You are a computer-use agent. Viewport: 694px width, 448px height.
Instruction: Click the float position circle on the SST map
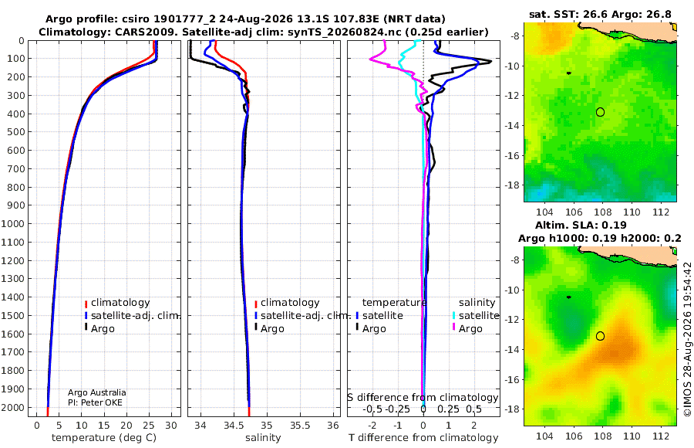[600, 112]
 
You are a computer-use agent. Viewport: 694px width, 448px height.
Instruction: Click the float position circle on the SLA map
[600, 336]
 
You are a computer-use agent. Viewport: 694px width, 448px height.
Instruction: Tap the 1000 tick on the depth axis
[12, 223]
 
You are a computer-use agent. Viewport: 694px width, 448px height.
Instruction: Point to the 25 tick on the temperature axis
[149, 426]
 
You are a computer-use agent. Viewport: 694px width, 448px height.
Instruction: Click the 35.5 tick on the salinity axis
[300, 426]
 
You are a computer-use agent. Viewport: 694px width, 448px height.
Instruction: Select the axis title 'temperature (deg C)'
[104, 438]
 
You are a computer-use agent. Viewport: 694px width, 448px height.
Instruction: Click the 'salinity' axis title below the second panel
[263, 438]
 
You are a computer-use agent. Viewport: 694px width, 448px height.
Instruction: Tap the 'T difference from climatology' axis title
[423, 438]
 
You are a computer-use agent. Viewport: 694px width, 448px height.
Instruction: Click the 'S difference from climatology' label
[423, 398]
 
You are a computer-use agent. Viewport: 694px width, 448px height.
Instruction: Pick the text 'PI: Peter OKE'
[95, 402]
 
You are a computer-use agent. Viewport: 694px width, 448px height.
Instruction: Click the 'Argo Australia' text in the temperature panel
[97, 392]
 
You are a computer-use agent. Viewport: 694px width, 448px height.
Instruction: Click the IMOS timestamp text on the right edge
[687, 339]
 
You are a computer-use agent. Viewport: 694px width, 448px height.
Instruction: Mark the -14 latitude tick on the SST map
[513, 126]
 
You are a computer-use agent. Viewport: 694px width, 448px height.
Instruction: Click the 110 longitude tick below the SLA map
[632, 436]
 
